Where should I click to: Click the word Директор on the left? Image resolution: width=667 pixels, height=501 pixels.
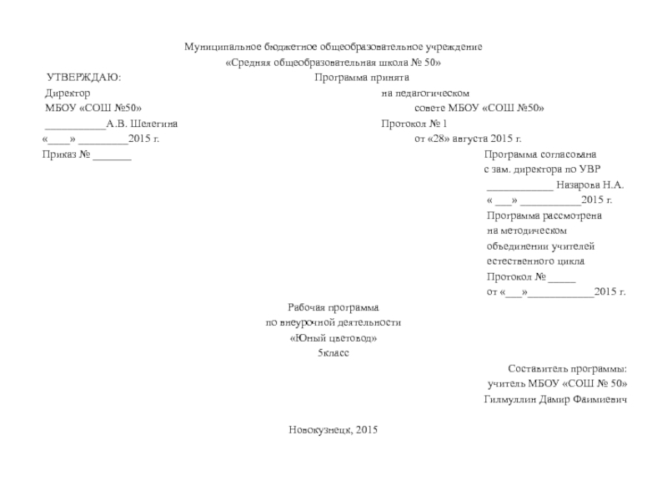point(68,93)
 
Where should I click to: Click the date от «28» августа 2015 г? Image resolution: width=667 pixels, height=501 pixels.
point(468,139)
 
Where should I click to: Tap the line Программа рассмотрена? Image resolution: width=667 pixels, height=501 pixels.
point(544,215)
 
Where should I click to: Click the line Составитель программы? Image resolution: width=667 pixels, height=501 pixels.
point(567,368)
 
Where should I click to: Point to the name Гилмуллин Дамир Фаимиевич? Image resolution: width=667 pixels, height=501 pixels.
point(555,399)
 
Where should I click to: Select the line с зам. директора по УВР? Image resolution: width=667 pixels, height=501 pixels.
point(541,170)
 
